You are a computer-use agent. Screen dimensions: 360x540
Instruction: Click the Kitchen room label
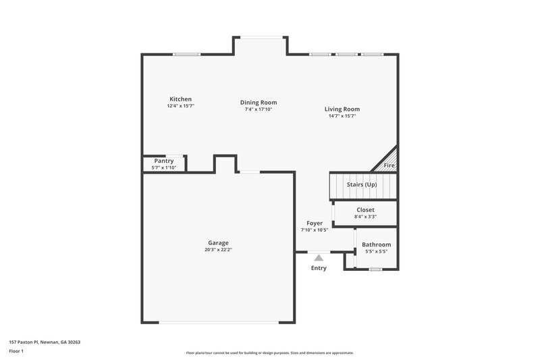180,99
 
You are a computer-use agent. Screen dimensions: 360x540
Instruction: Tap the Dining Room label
259,103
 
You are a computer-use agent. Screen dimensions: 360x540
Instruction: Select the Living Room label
342,109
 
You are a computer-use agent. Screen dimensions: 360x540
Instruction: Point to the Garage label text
218,243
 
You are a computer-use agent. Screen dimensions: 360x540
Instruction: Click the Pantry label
163,161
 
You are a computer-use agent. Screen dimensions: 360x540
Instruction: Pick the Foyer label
315,223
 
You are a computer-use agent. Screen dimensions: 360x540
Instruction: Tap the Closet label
365,210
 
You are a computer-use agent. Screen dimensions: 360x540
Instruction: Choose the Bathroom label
376,245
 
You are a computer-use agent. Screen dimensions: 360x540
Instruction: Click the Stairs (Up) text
362,185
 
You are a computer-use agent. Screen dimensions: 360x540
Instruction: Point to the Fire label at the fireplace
389,165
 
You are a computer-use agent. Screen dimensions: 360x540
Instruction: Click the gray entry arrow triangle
319,257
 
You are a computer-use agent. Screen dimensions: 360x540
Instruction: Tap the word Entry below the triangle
319,268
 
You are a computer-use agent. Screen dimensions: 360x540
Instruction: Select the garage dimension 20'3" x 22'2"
218,251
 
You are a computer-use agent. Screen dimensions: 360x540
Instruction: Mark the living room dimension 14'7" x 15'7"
342,116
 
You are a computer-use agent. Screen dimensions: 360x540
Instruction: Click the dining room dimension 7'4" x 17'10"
259,109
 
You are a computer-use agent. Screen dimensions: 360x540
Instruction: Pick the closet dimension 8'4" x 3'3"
365,217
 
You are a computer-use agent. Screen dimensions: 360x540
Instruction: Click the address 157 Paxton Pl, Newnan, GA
45,342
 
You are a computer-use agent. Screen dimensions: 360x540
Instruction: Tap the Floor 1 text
16,351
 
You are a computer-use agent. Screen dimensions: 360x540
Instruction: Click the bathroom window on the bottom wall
375,269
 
